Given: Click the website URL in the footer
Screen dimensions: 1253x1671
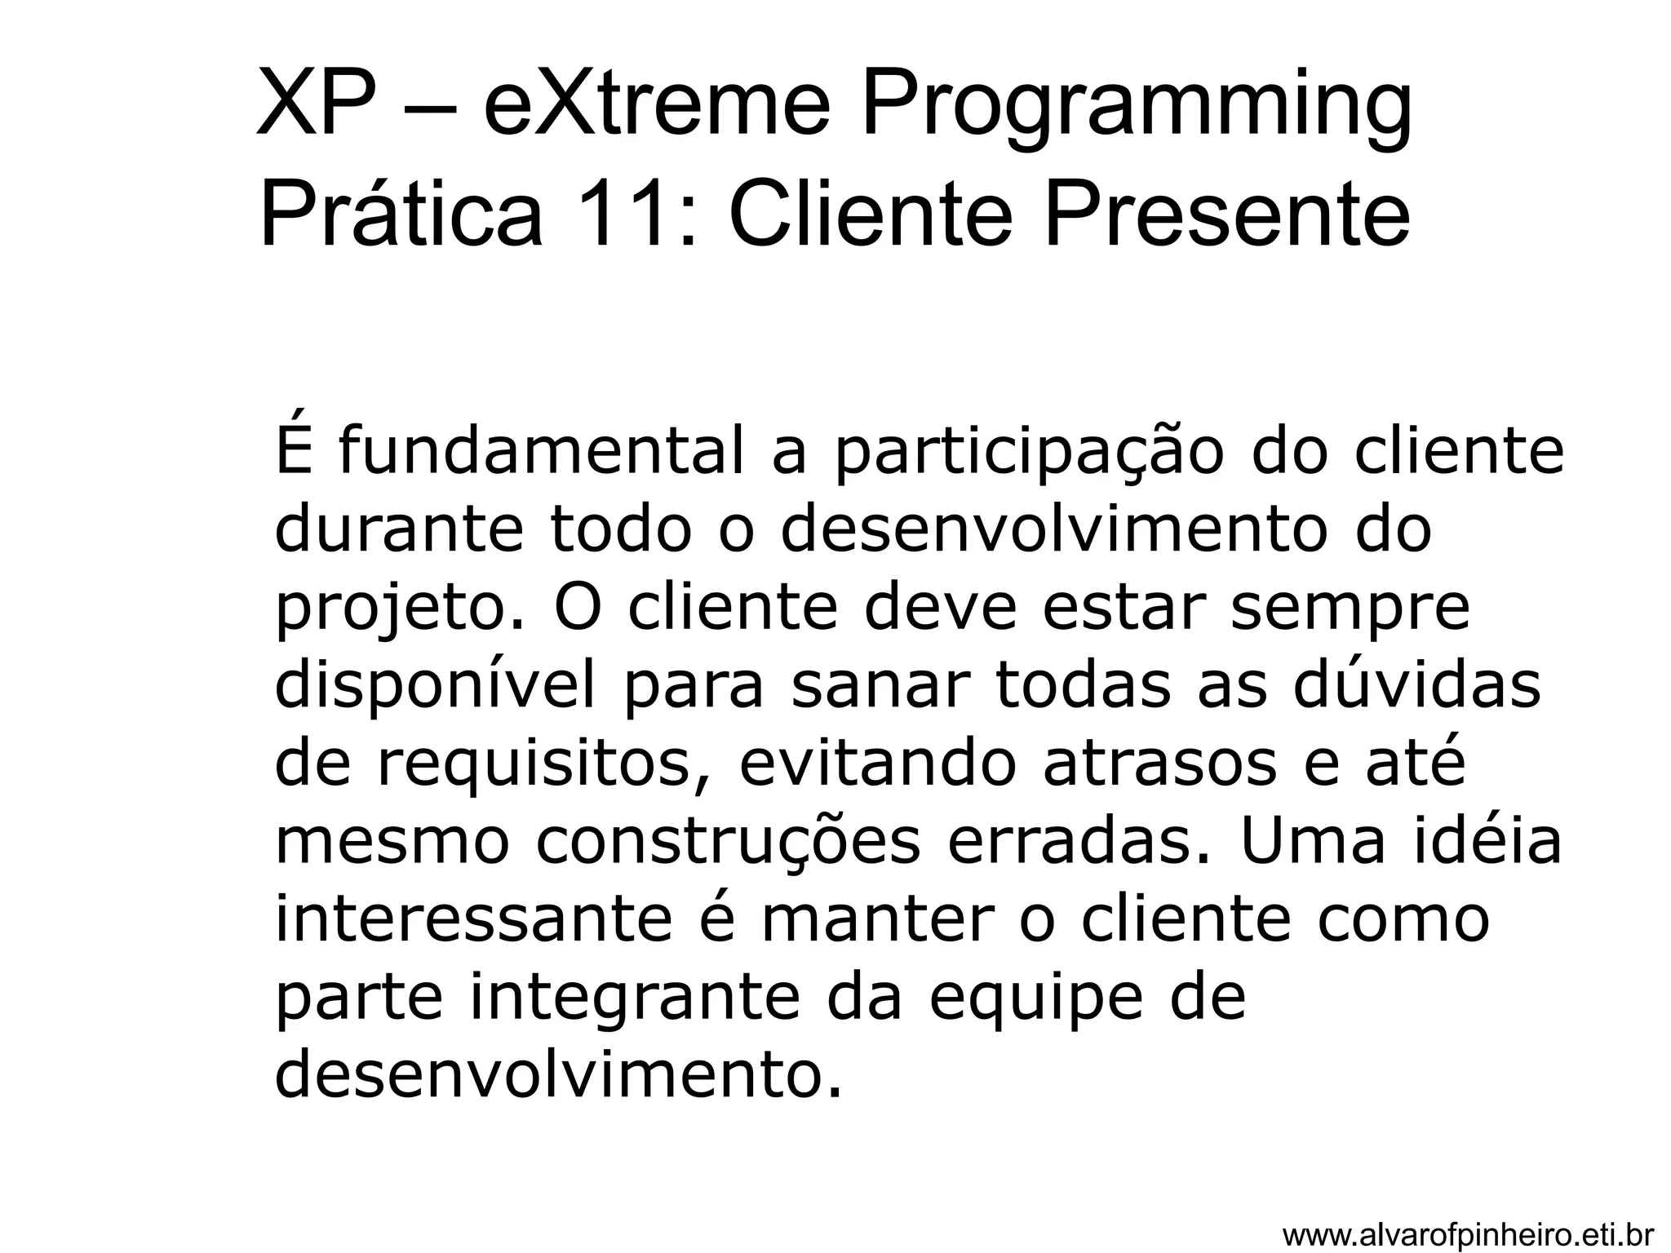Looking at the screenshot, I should point(1468,1235).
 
